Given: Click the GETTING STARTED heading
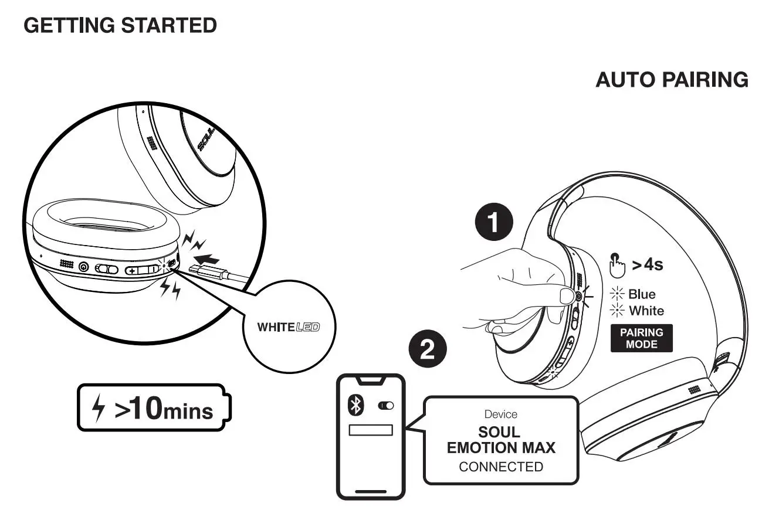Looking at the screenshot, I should (x=120, y=26).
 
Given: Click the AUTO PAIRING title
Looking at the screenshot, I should (x=672, y=80).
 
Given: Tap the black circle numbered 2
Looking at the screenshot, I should (x=428, y=351).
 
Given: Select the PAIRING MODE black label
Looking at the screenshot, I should (x=641, y=338).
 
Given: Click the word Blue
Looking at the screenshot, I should (x=642, y=294).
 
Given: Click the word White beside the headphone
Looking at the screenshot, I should (x=646, y=311).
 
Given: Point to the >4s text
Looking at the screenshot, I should (x=647, y=265).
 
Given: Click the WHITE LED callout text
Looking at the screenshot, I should (x=288, y=327).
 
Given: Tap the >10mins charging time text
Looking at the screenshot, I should (x=164, y=409).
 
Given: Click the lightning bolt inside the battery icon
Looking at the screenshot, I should (x=100, y=409).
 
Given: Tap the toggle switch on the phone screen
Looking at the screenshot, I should (x=386, y=405).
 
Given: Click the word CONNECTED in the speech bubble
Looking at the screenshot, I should (x=501, y=467).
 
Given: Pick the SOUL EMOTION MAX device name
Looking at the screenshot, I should (x=501, y=440).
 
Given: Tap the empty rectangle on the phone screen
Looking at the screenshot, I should (x=371, y=430).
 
